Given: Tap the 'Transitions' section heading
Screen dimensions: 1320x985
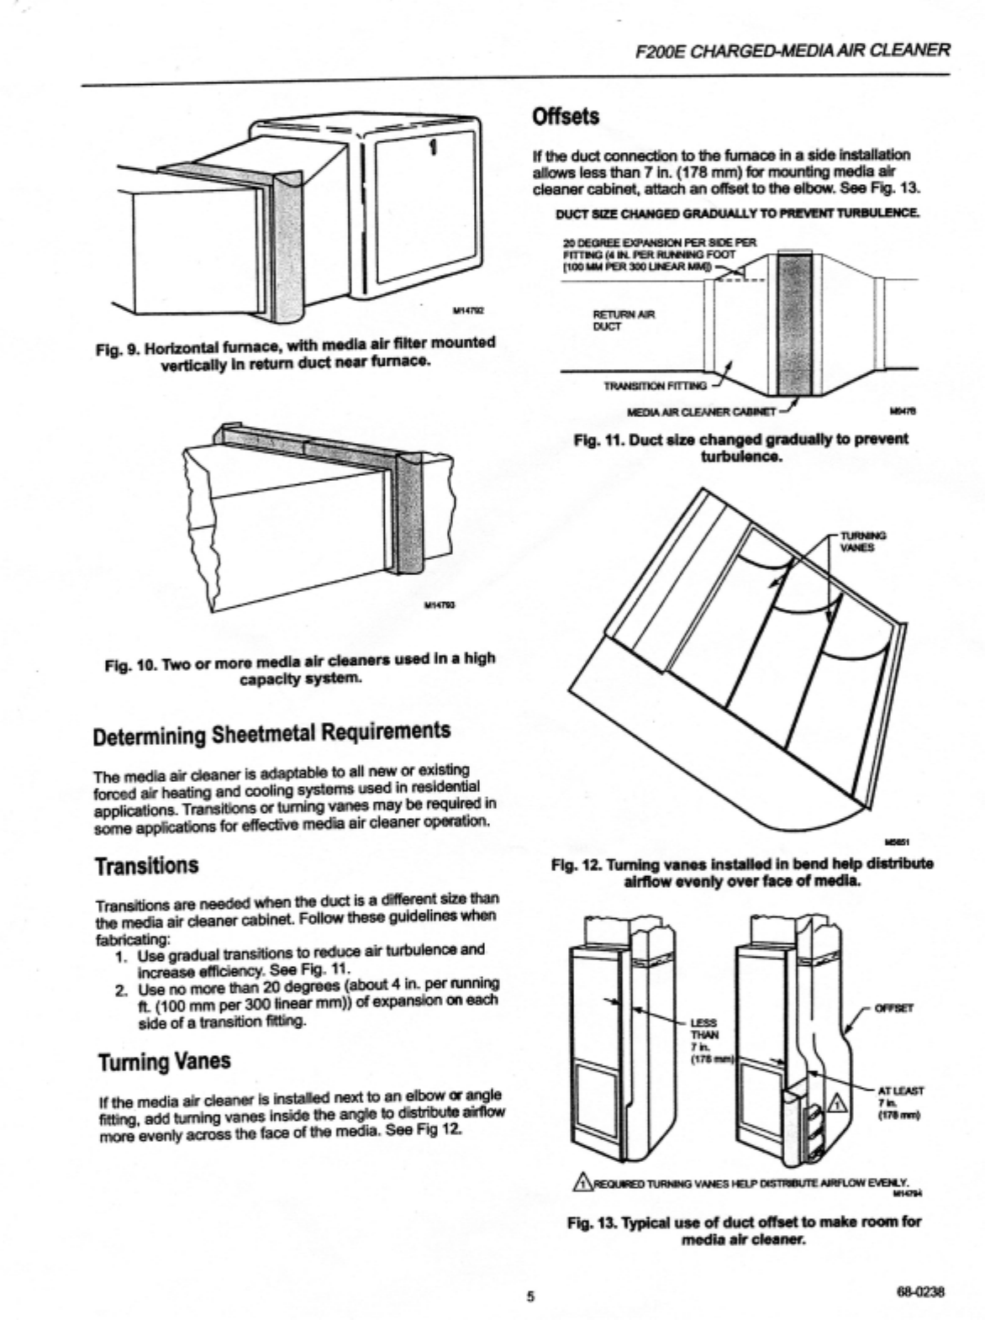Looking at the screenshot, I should coord(146,865).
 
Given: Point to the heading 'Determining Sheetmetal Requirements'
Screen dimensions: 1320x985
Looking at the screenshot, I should coord(271,732).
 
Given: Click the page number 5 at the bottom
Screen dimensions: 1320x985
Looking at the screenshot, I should coord(530,1295).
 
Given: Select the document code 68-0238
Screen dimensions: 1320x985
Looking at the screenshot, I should coord(922,1292).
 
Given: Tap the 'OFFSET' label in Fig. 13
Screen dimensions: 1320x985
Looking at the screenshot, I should coord(894,1007).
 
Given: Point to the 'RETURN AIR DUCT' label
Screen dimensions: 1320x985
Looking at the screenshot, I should coord(624,319).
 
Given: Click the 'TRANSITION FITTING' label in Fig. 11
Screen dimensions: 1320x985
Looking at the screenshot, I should coord(656,386).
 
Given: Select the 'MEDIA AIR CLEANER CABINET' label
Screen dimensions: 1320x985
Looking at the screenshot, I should coord(703,412).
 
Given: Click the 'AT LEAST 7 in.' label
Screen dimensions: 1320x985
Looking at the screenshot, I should coord(900,1102).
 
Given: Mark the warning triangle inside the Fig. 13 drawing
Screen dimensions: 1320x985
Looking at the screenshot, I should coord(838,1102).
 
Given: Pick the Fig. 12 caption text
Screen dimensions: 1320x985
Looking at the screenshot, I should coord(741,872).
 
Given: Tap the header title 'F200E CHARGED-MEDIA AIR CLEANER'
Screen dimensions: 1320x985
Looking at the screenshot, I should coord(794,50).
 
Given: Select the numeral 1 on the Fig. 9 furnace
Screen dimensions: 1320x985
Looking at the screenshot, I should coord(433,148).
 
